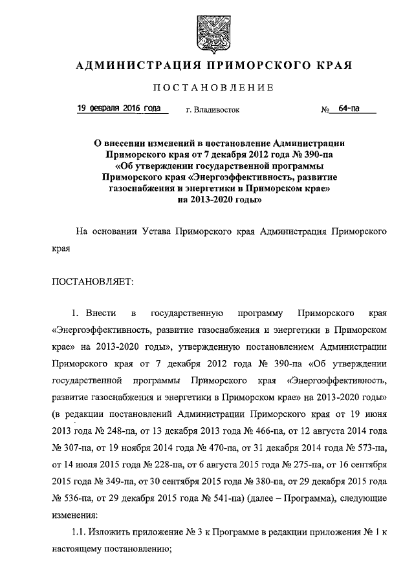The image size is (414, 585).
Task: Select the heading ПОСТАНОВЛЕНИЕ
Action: [x=206, y=87]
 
